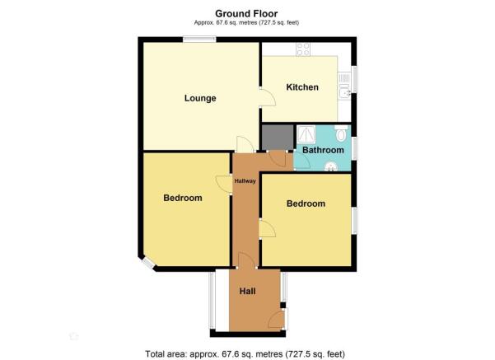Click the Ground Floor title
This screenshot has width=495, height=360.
[246, 13]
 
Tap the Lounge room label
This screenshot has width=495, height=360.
[200, 98]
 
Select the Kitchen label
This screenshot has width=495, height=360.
[302, 87]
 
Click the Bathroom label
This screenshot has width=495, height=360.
[323, 150]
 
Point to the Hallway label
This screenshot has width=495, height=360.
[245, 181]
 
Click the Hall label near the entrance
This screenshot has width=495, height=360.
[247, 291]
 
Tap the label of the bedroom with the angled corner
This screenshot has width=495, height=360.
[183, 198]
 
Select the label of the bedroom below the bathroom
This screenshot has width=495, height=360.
[306, 203]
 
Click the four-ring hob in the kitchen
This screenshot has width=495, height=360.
[303, 49]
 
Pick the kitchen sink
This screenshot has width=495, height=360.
[344, 91]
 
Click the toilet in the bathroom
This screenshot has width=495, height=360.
[341, 133]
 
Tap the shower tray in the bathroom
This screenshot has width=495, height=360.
[306, 134]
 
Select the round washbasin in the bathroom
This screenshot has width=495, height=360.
[331, 166]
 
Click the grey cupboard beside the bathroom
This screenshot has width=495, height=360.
[278, 138]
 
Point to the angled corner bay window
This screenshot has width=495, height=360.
[147, 263]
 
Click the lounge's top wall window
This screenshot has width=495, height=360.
[199, 40]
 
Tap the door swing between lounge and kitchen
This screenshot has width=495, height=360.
[268, 97]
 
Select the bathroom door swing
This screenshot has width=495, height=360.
[301, 161]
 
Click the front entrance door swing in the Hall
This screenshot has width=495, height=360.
[275, 320]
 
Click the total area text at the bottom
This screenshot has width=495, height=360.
[245, 354]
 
